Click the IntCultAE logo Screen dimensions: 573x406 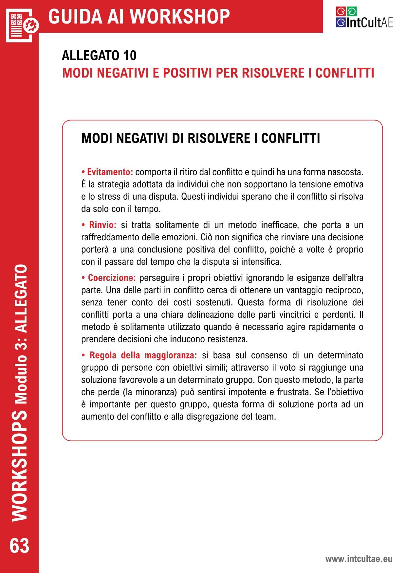click(364, 18)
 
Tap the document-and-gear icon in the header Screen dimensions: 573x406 click(22, 25)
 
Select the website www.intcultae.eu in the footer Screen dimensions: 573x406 click(359, 559)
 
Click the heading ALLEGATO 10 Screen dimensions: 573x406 click(99, 56)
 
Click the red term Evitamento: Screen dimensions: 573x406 click(110, 172)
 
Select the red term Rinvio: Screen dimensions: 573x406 click(102, 225)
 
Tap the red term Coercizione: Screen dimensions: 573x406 click(112, 278)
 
